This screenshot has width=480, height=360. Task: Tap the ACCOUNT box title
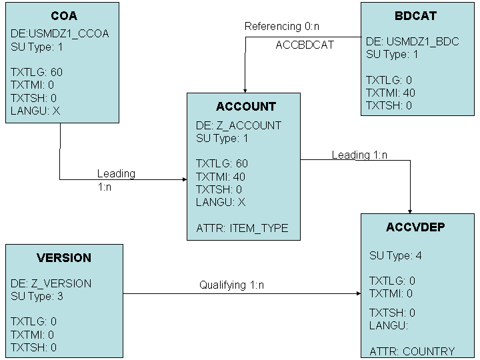click(x=245, y=107)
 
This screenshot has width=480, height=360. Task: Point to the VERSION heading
click(x=64, y=258)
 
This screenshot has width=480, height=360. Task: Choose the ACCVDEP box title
click(x=415, y=227)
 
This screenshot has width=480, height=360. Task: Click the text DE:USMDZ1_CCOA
click(x=60, y=34)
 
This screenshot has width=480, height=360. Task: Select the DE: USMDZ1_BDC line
click(x=412, y=42)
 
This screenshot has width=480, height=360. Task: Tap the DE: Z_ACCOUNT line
click(x=238, y=125)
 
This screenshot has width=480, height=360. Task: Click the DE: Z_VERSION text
click(x=51, y=283)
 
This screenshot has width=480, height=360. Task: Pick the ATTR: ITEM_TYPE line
click(x=242, y=228)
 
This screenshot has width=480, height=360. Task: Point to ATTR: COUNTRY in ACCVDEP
click(x=412, y=351)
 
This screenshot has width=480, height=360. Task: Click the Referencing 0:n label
click(x=282, y=27)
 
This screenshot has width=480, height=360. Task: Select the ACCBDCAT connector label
click(x=305, y=45)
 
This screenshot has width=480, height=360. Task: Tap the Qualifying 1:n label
click(x=231, y=285)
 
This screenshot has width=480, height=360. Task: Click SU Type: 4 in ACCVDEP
click(x=395, y=256)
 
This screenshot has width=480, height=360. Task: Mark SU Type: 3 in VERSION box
click(x=37, y=296)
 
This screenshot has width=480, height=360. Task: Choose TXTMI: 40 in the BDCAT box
click(x=390, y=93)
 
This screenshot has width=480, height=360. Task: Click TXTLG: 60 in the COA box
click(x=37, y=72)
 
